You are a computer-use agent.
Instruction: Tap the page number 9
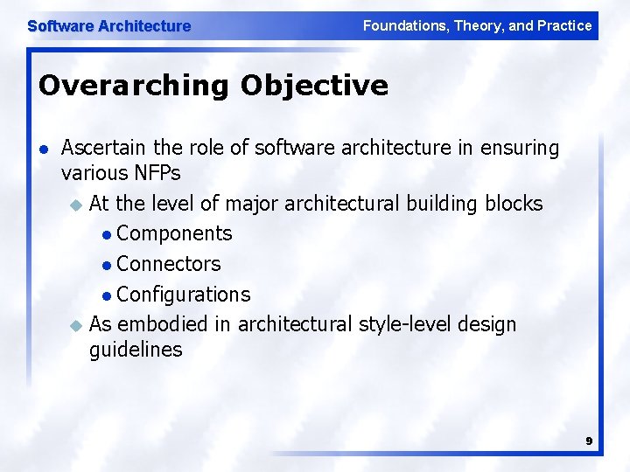point(589,441)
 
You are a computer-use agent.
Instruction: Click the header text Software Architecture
point(108,26)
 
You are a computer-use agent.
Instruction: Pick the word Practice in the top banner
point(565,26)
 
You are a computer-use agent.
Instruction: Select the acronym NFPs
point(157,173)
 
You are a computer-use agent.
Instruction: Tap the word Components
point(174,233)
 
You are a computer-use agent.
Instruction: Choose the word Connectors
point(168,264)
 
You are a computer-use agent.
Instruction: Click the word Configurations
point(183,295)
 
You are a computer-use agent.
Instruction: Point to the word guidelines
point(136,350)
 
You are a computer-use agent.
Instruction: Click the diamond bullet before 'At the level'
point(75,205)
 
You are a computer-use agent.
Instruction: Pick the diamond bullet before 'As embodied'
point(75,325)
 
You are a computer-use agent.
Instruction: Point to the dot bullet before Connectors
point(106,265)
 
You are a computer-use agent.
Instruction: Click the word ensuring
point(521,149)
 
